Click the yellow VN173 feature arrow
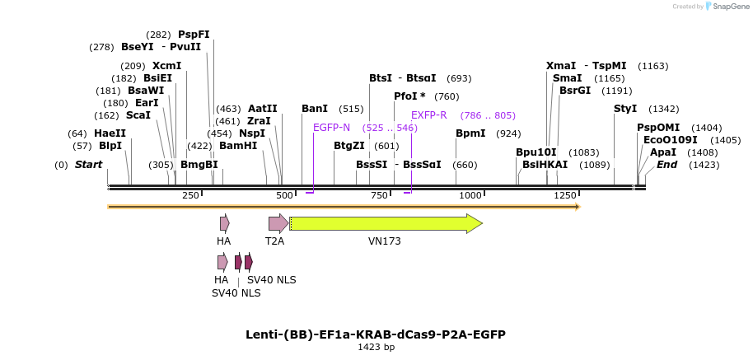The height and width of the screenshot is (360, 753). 386,224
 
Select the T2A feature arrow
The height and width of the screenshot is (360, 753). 278,224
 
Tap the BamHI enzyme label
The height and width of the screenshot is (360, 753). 238,145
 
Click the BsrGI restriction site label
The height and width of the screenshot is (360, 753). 575,91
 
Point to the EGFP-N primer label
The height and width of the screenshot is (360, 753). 331,127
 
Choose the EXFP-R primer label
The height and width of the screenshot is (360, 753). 429,115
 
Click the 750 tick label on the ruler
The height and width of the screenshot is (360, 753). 379,195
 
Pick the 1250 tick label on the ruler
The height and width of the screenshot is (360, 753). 565,195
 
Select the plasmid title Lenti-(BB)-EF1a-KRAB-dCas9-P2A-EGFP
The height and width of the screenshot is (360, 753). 376,334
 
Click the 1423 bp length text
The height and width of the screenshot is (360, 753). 376,347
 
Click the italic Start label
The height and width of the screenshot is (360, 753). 88,165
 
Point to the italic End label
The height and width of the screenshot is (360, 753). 667,165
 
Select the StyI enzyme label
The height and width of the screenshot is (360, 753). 625,109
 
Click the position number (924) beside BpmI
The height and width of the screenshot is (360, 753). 508,133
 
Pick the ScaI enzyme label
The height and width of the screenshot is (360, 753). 138,115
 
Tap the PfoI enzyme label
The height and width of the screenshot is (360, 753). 409,96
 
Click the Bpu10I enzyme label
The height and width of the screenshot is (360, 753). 536,152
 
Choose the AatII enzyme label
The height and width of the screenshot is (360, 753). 263,109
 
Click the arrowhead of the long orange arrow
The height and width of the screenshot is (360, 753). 578,207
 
